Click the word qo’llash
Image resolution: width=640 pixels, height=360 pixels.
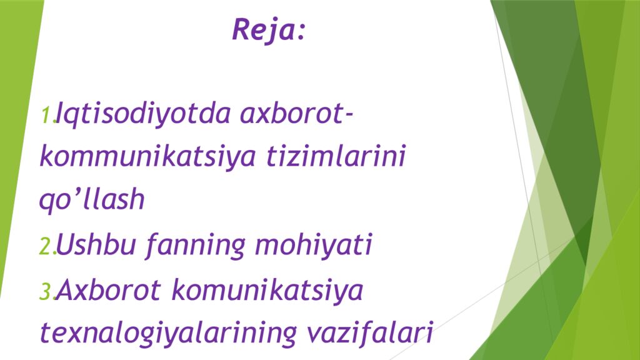click(x=92, y=201)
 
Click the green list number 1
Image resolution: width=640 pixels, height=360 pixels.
click(x=46, y=116)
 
